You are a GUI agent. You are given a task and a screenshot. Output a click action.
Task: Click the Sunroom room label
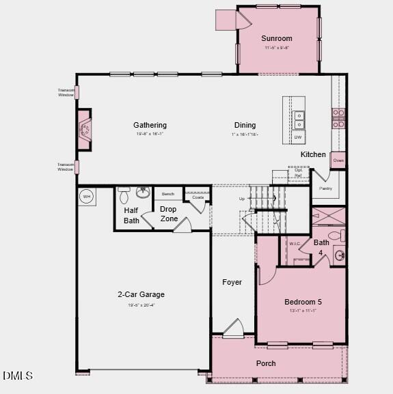pos(277,39)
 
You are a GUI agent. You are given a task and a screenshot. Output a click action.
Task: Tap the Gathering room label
pos(150,125)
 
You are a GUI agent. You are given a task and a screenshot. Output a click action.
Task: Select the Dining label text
pos(245,125)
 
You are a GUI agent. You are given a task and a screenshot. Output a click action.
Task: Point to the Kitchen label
pos(313,154)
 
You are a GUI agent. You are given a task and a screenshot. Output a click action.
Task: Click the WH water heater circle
pos(86,197)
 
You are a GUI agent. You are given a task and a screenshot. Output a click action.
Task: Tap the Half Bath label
pos(132,216)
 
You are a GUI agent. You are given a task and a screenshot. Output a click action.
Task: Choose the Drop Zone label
pos(169,214)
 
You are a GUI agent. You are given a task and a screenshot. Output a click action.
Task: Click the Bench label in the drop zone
pos(168,195)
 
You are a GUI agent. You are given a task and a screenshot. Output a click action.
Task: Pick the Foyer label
pos(232,282)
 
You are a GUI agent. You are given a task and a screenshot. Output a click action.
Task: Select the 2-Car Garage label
pos(141,295)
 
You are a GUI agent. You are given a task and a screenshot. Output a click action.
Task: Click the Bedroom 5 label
pos(303,302)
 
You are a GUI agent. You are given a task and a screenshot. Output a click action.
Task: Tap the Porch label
pos(266,363)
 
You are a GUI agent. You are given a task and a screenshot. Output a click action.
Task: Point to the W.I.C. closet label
pos(295,244)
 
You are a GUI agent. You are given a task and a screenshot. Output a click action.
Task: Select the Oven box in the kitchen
pos(338,160)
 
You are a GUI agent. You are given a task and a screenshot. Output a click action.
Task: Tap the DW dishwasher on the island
pos(299,138)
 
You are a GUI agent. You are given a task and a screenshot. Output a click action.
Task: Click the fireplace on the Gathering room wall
pos(84,129)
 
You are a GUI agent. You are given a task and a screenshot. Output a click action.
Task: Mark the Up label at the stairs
pos(242,199)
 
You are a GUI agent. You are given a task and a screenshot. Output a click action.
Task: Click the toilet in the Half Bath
pos(124,197)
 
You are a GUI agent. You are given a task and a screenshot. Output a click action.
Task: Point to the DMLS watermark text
pos(18,375)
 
